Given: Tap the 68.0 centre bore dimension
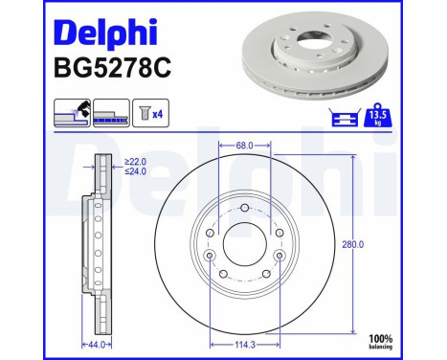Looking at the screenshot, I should coord(244,146).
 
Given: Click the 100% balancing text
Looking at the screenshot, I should coord(381,342).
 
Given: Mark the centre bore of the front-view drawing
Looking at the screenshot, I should coord(244,243).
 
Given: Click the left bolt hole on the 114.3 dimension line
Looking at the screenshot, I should coord(211,255).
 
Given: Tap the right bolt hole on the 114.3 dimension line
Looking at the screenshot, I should coord(279,255).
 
